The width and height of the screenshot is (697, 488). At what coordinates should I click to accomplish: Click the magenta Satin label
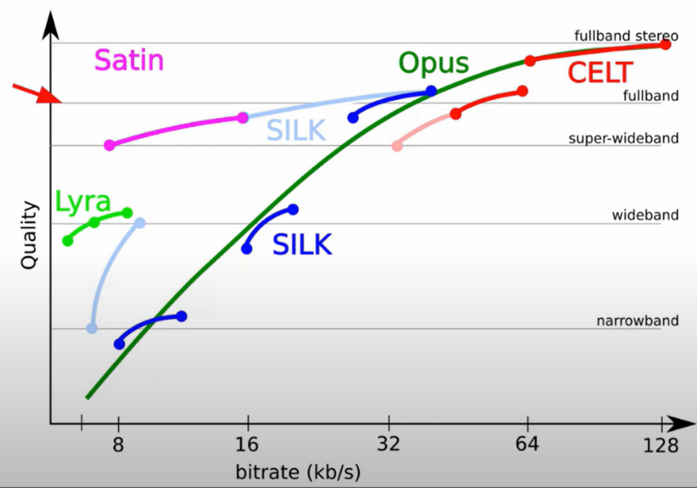(129, 61)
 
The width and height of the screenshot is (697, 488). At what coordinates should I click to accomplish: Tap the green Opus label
(434, 64)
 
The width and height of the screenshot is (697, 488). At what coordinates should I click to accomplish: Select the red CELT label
(600, 73)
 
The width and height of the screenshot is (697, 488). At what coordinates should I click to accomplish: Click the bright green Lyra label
(83, 202)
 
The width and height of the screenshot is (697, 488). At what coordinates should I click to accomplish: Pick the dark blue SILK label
(302, 246)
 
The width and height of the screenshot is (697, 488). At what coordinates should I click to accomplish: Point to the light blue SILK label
(297, 131)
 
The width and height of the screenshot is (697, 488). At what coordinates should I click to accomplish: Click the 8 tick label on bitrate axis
(118, 445)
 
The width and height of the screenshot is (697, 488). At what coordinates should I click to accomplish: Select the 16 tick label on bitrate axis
(247, 445)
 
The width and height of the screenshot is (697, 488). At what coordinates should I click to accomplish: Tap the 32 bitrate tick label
(389, 445)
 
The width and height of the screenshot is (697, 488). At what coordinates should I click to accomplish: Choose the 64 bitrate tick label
(528, 445)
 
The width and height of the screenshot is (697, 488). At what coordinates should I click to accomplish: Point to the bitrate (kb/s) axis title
(298, 471)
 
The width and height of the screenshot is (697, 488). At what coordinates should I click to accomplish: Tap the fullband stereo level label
(626, 36)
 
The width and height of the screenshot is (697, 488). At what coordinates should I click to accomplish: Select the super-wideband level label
(623, 138)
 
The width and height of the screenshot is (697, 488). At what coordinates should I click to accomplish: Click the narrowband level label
(638, 321)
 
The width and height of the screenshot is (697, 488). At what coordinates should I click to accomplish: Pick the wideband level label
(645, 215)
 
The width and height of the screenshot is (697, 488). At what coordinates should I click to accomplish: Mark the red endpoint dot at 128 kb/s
(665, 45)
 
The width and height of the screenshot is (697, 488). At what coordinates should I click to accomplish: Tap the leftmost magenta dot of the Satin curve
(109, 145)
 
